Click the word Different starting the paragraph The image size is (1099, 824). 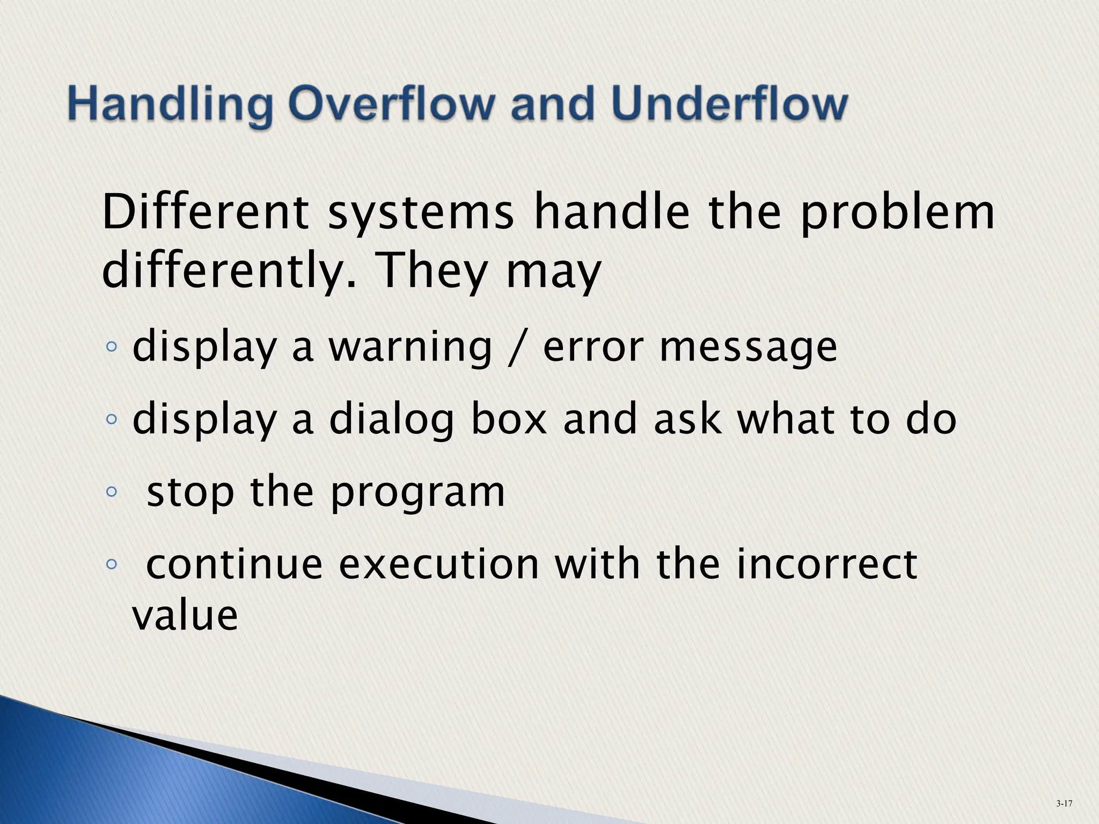coord(206,213)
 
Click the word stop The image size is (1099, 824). coord(191,493)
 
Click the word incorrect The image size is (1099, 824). coord(826,564)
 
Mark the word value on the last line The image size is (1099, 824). coord(185,615)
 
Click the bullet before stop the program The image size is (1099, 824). coord(111,491)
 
